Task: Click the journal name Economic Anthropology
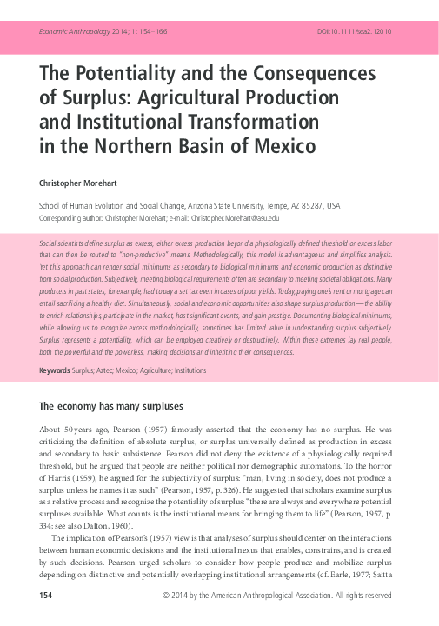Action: pyautogui.click(x=73, y=30)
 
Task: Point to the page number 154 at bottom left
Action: pyautogui.click(x=49, y=596)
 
